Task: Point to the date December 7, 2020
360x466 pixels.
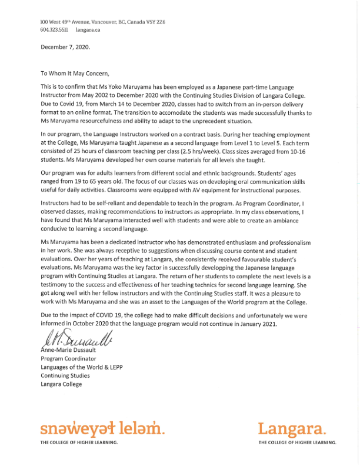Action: pyautogui.click(x=66, y=47)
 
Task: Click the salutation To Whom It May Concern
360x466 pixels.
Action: pyautogui.click(x=75, y=74)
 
